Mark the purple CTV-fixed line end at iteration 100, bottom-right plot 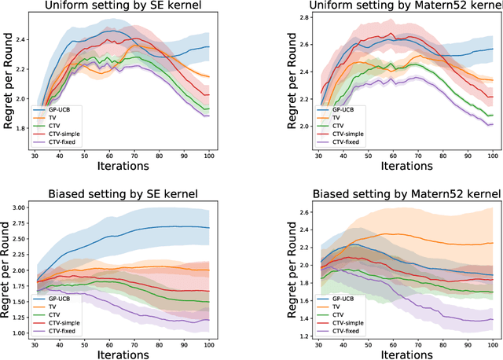[x=492, y=320]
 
